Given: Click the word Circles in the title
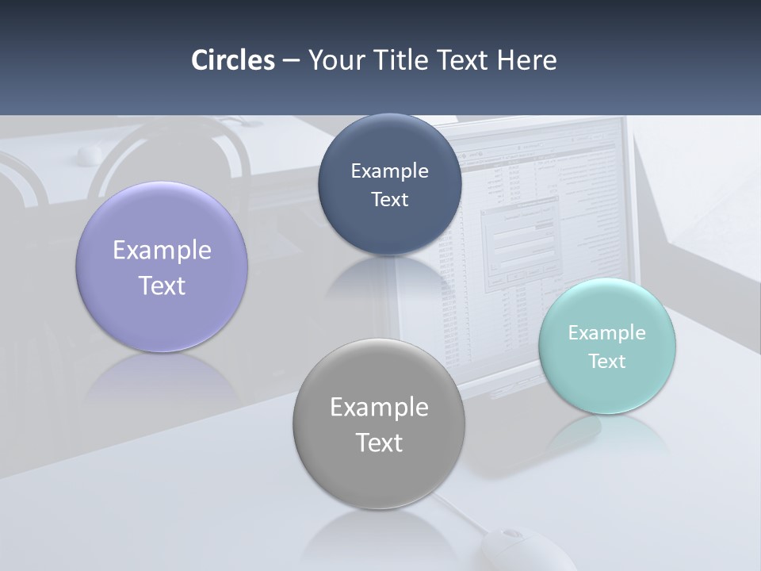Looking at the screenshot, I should pyautogui.click(x=232, y=60).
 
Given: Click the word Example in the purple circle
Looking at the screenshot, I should pyautogui.click(x=162, y=250).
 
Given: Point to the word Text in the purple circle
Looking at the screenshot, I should pyautogui.click(x=162, y=285).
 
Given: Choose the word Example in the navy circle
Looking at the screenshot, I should pyautogui.click(x=389, y=171).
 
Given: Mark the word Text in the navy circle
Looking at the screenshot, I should pyautogui.click(x=389, y=199).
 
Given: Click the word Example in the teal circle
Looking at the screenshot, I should pyautogui.click(x=606, y=332).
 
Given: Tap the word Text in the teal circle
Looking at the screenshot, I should pyautogui.click(x=606, y=361).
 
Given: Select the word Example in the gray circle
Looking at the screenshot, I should pyautogui.click(x=379, y=407).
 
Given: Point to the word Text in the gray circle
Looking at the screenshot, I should pyautogui.click(x=379, y=443).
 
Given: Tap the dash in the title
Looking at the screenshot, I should pyautogui.click(x=291, y=61).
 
